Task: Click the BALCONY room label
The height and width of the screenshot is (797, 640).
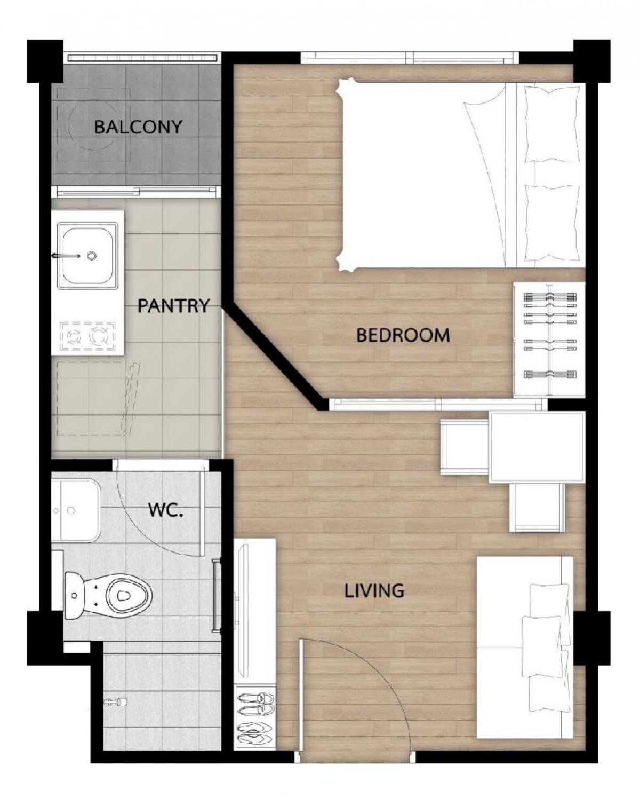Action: pyautogui.click(x=138, y=127)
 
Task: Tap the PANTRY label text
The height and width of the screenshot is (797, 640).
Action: pyautogui.click(x=173, y=306)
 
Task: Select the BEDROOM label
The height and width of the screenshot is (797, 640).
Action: pyautogui.click(x=403, y=335)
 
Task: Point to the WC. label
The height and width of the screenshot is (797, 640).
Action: pyautogui.click(x=166, y=510)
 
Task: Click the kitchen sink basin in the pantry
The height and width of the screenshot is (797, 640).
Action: pyautogui.click(x=87, y=256)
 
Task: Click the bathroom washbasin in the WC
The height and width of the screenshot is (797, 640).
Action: pyautogui.click(x=75, y=510)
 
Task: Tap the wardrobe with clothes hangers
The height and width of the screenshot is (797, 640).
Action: pyautogui.click(x=549, y=340)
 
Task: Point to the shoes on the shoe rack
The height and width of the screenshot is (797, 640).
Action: pyautogui.click(x=255, y=708)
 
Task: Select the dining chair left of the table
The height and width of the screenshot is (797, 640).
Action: pyautogui.click(x=465, y=447)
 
